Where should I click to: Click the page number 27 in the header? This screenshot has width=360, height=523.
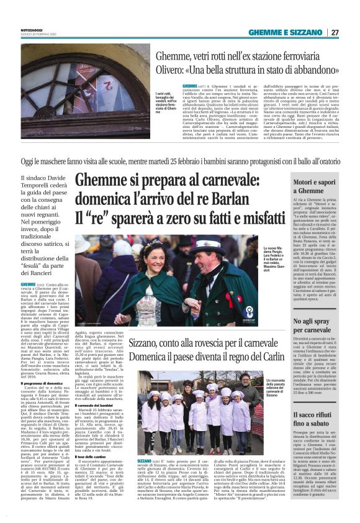pyautogui.click(x=335, y=32)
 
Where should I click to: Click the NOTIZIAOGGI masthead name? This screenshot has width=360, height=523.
pyautogui.click(x=34, y=27)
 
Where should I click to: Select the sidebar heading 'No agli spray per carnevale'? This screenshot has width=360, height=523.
pyautogui.click(x=315, y=325)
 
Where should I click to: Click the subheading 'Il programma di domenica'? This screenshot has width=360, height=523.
pyautogui.click(x=44, y=366)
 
